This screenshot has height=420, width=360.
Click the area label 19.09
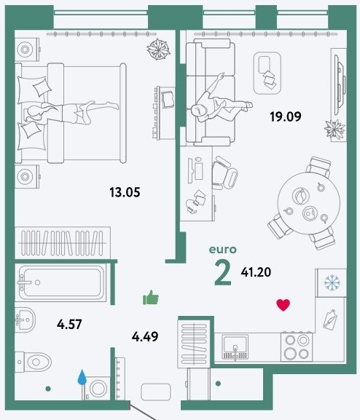(x=286, y=116)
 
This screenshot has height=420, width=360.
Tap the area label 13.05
(x=125, y=192)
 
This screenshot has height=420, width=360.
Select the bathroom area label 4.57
(x=69, y=325)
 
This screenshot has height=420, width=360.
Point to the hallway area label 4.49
(x=145, y=336)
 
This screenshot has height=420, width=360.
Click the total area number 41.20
(x=256, y=272)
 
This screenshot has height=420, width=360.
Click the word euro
(x=223, y=250)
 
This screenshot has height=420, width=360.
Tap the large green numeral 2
(x=223, y=273)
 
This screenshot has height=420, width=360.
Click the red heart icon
(x=283, y=305)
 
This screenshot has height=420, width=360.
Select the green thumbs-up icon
(x=151, y=298)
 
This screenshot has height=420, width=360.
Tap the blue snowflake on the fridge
(x=332, y=282)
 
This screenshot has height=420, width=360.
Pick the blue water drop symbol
(x=82, y=378)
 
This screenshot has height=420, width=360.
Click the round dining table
(x=309, y=204)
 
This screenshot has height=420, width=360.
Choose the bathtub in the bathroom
(x=60, y=282)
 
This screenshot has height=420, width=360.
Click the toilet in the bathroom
(x=33, y=362)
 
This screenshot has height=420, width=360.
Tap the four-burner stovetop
(x=297, y=347)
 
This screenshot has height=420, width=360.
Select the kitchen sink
(x=235, y=347)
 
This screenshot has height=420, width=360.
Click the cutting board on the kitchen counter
(x=329, y=320)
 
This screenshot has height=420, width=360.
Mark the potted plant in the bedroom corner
(x=158, y=49)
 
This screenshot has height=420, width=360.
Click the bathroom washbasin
(x=25, y=320)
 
